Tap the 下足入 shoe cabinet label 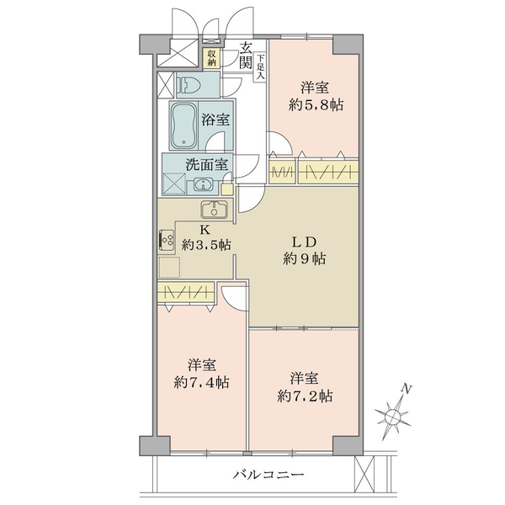(x=261, y=67)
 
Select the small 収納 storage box (x=211, y=58)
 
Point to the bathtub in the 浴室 (x=183, y=125)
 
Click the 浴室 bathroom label (x=215, y=120)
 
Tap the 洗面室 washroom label (x=207, y=165)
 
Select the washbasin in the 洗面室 (x=203, y=185)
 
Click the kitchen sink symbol (x=214, y=210)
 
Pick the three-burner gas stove (x=166, y=240)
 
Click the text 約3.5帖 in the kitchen (x=206, y=246)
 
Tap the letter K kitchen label (x=205, y=230)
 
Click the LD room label (x=305, y=242)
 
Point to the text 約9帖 (x=305, y=258)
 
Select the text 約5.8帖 (x=316, y=105)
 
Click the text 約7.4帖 (x=202, y=383)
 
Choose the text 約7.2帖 (x=305, y=396)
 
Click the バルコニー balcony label (x=268, y=475)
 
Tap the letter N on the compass (x=407, y=390)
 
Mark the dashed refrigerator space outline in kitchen (x=169, y=267)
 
